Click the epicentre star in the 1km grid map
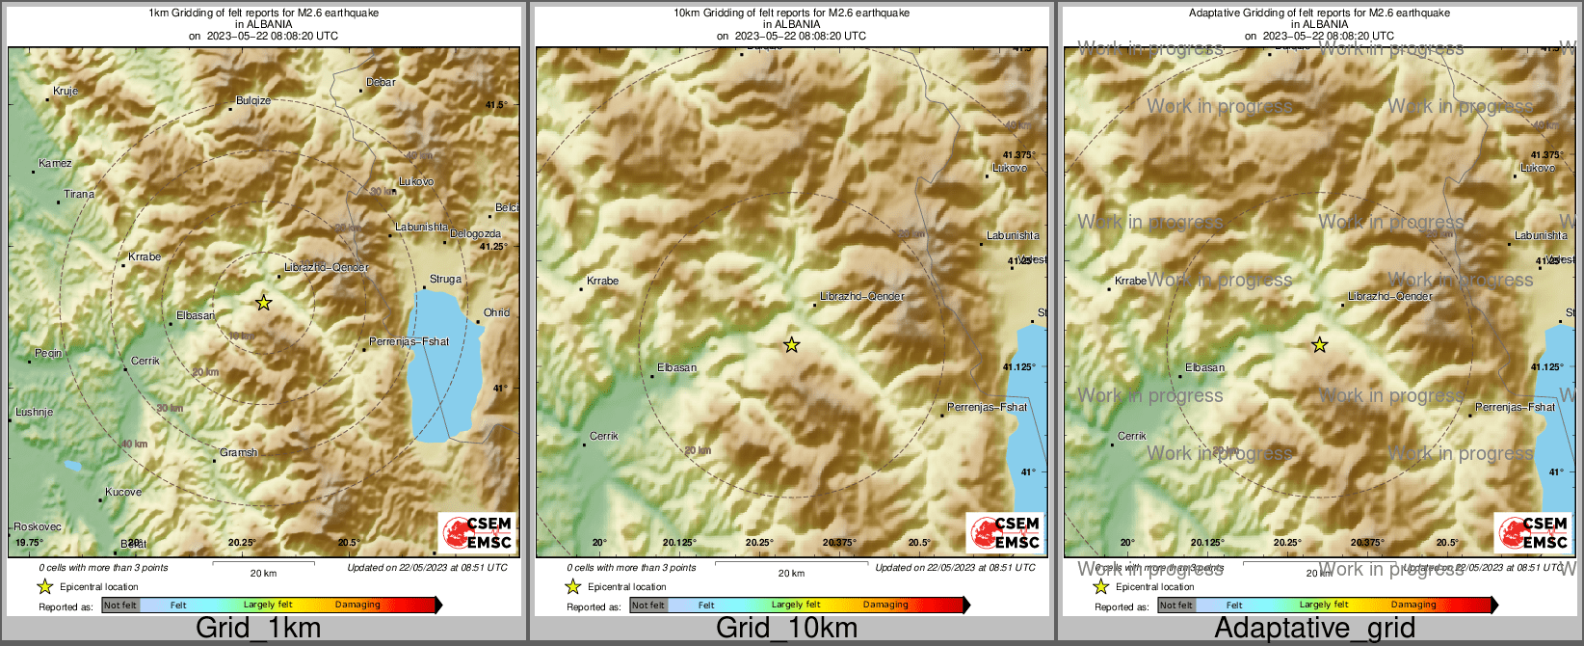(264, 303)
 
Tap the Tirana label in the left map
(79, 194)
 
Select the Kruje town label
(66, 91)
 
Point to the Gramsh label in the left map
(238, 452)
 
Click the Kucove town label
(123, 492)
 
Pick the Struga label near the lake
(445, 279)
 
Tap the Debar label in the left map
(381, 82)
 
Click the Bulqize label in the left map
(253, 100)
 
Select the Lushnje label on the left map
(34, 412)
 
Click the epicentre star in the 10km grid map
(791, 345)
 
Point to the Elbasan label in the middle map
(676, 367)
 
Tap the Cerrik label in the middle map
(604, 436)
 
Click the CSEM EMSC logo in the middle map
(1005, 532)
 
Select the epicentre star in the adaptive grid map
(1319, 345)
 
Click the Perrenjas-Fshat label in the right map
(1515, 407)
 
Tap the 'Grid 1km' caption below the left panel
(258, 628)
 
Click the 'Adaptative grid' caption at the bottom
(1314, 628)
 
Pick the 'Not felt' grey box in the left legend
(120, 605)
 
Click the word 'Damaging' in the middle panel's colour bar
(885, 605)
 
